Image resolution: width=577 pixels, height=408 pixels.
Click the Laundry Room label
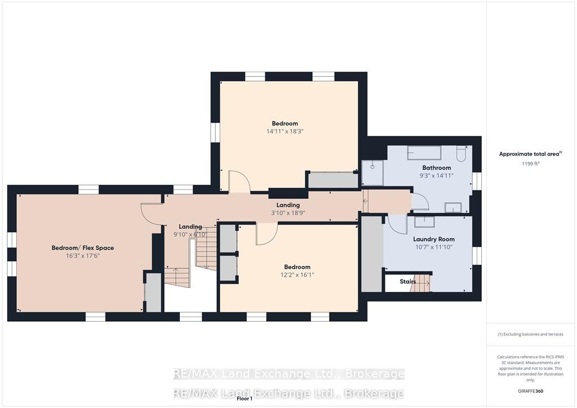coord(433,239)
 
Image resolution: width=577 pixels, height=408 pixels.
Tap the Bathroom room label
coord(437,168)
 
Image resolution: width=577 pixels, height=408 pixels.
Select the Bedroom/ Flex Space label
coord(83,248)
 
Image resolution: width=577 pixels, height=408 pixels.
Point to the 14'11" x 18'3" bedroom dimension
coord(285,131)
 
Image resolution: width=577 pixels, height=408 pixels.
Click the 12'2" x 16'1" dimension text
coord(297,275)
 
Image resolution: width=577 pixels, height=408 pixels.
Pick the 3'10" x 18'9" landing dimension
coord(288,212)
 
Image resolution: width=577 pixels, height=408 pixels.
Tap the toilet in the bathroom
coord(461,153)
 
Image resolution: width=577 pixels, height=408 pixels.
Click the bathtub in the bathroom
coord(424,153)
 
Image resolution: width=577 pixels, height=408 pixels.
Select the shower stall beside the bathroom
coord(372,172)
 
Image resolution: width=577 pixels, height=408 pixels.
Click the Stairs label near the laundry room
coord(408,281)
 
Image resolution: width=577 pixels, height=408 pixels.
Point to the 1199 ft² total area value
coord(530,163)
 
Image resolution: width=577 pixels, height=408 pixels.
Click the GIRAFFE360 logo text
coord(530,391)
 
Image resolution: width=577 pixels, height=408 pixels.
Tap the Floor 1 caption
coord(245,398)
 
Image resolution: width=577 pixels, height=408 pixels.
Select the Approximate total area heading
coord(530,154)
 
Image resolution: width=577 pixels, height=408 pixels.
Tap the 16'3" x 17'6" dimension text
coord(83,256)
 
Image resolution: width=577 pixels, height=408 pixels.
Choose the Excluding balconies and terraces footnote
coord(530,334)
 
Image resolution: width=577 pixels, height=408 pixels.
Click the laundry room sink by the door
coord(425,222)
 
